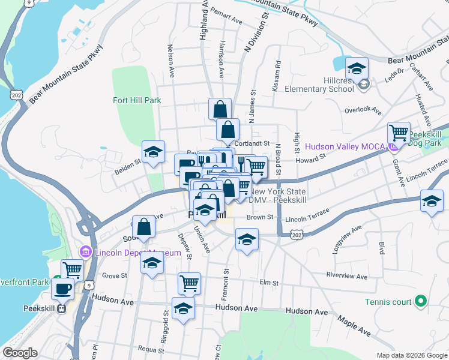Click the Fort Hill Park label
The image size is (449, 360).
click(x=137, y=100)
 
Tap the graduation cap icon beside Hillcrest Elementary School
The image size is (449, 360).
click(x=357, y=69)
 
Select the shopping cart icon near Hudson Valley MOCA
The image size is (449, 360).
click(x=399, y=132)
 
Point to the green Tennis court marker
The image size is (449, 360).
click(x=421, y=301)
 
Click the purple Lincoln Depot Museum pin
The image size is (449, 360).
click(x=85, y=253)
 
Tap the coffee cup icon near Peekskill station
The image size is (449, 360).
click(x=62, y=289)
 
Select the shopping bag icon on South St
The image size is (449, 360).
click(x=143, y=227)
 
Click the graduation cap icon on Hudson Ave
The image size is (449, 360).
click(x=183, y=308)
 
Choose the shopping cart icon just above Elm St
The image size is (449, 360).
click(x=189, y=282)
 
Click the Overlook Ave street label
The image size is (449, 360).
click(x=363, y=111)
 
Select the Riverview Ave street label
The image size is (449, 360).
click(x=347, y=276)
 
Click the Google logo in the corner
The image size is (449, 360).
click(x=20, y=353)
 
